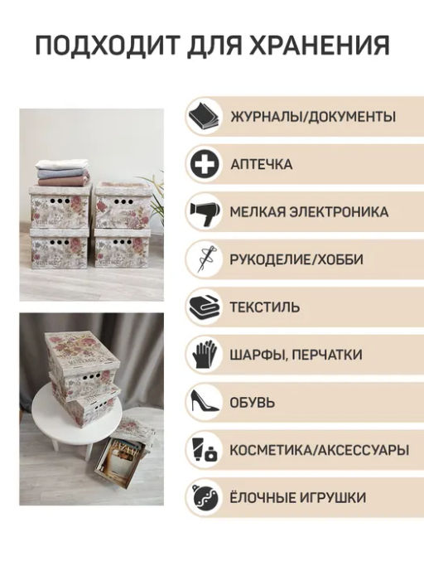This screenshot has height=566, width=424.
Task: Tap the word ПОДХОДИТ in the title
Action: [x=107, y=46]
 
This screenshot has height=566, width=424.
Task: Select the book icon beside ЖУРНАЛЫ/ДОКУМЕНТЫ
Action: [x=205, y=116]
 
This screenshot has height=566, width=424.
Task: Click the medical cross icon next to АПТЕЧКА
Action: [x=205, y=164]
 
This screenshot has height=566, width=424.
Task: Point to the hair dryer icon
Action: [x=205, y=213]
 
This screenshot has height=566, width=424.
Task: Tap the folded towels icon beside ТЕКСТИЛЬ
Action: [x=205, y=307]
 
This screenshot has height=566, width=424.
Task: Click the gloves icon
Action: [x=205, y=355]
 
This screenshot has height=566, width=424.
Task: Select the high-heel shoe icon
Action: [x=205, y=401]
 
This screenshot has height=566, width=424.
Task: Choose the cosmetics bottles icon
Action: [x=205, y=449]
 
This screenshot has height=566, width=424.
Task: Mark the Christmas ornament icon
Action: [x=205, y=496]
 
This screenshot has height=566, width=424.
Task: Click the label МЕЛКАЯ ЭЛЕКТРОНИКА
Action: [x=309, y=212]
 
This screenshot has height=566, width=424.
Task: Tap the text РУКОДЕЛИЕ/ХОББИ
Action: [x=296, y=259]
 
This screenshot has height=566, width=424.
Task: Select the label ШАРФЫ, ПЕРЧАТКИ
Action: [x=296, y=355]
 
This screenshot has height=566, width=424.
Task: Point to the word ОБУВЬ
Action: [x=253, y=403]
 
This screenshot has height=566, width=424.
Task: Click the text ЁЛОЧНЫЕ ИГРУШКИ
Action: [x=298, y=497]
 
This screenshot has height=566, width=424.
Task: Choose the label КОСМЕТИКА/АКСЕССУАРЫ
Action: [x=320, y=450]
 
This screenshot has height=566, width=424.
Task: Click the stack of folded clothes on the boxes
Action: [x=62, y=172]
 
